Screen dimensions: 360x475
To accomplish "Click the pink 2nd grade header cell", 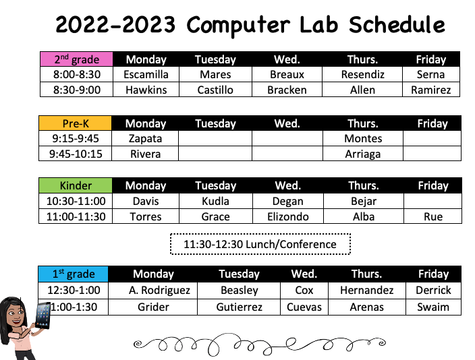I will click(x=76, y=59).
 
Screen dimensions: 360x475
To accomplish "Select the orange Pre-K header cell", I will click(x=76, y=123).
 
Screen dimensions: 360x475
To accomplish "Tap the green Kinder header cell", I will click(x=76, y=185).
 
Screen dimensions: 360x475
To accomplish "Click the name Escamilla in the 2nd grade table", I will click(x=146, y=74).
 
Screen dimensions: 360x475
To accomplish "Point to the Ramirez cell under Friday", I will click(x=430, y=90).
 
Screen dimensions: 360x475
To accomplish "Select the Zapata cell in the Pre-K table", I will click(x=146, y=138).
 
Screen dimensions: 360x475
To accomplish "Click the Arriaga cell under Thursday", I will click(x=363, y=154).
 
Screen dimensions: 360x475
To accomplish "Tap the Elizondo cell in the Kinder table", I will click(x=287, y=216).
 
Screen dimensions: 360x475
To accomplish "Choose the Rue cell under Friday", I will click(x=433, y=216).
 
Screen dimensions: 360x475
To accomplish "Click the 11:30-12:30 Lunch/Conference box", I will click(x=260, y=244).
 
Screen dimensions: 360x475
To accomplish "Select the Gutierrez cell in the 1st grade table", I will click(x=239, y=307).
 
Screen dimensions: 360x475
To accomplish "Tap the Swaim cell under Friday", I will click(x=433, y=307).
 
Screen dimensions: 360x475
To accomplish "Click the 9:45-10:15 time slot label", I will click(x=76, y=154).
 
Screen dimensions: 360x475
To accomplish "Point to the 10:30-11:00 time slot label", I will click(x=76, y=201).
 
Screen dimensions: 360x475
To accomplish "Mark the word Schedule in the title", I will click(x=397, y=25).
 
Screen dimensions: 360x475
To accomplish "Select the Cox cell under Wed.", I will click(x=304, y=290).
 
